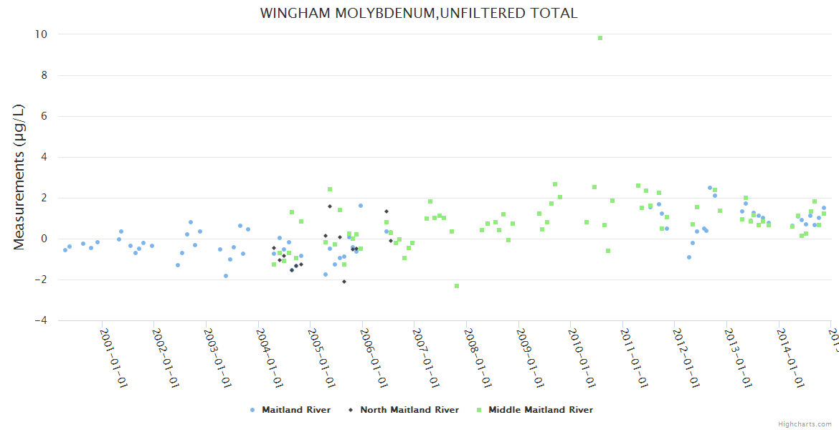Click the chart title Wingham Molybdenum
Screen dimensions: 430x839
click(419, 14)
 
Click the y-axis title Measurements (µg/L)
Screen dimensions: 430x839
click(19, 176)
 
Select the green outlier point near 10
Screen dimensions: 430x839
click(600, 38)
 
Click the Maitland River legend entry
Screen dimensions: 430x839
click(295, 410)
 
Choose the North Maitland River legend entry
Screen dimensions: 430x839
click(409, 410)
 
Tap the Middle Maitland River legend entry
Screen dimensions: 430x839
click(540, 410)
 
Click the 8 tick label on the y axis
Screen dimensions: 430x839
click(44, 75)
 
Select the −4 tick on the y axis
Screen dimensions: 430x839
click(41, 320)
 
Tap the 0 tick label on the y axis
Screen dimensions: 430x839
click(44, 239)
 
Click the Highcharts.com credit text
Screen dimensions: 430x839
click(805, 424)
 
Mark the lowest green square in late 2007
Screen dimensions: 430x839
click(457, 286)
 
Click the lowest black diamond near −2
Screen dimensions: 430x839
click(344, 282)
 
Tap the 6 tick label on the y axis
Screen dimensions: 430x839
click(44, 116)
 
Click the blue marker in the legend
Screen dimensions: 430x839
click(252, 410)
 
